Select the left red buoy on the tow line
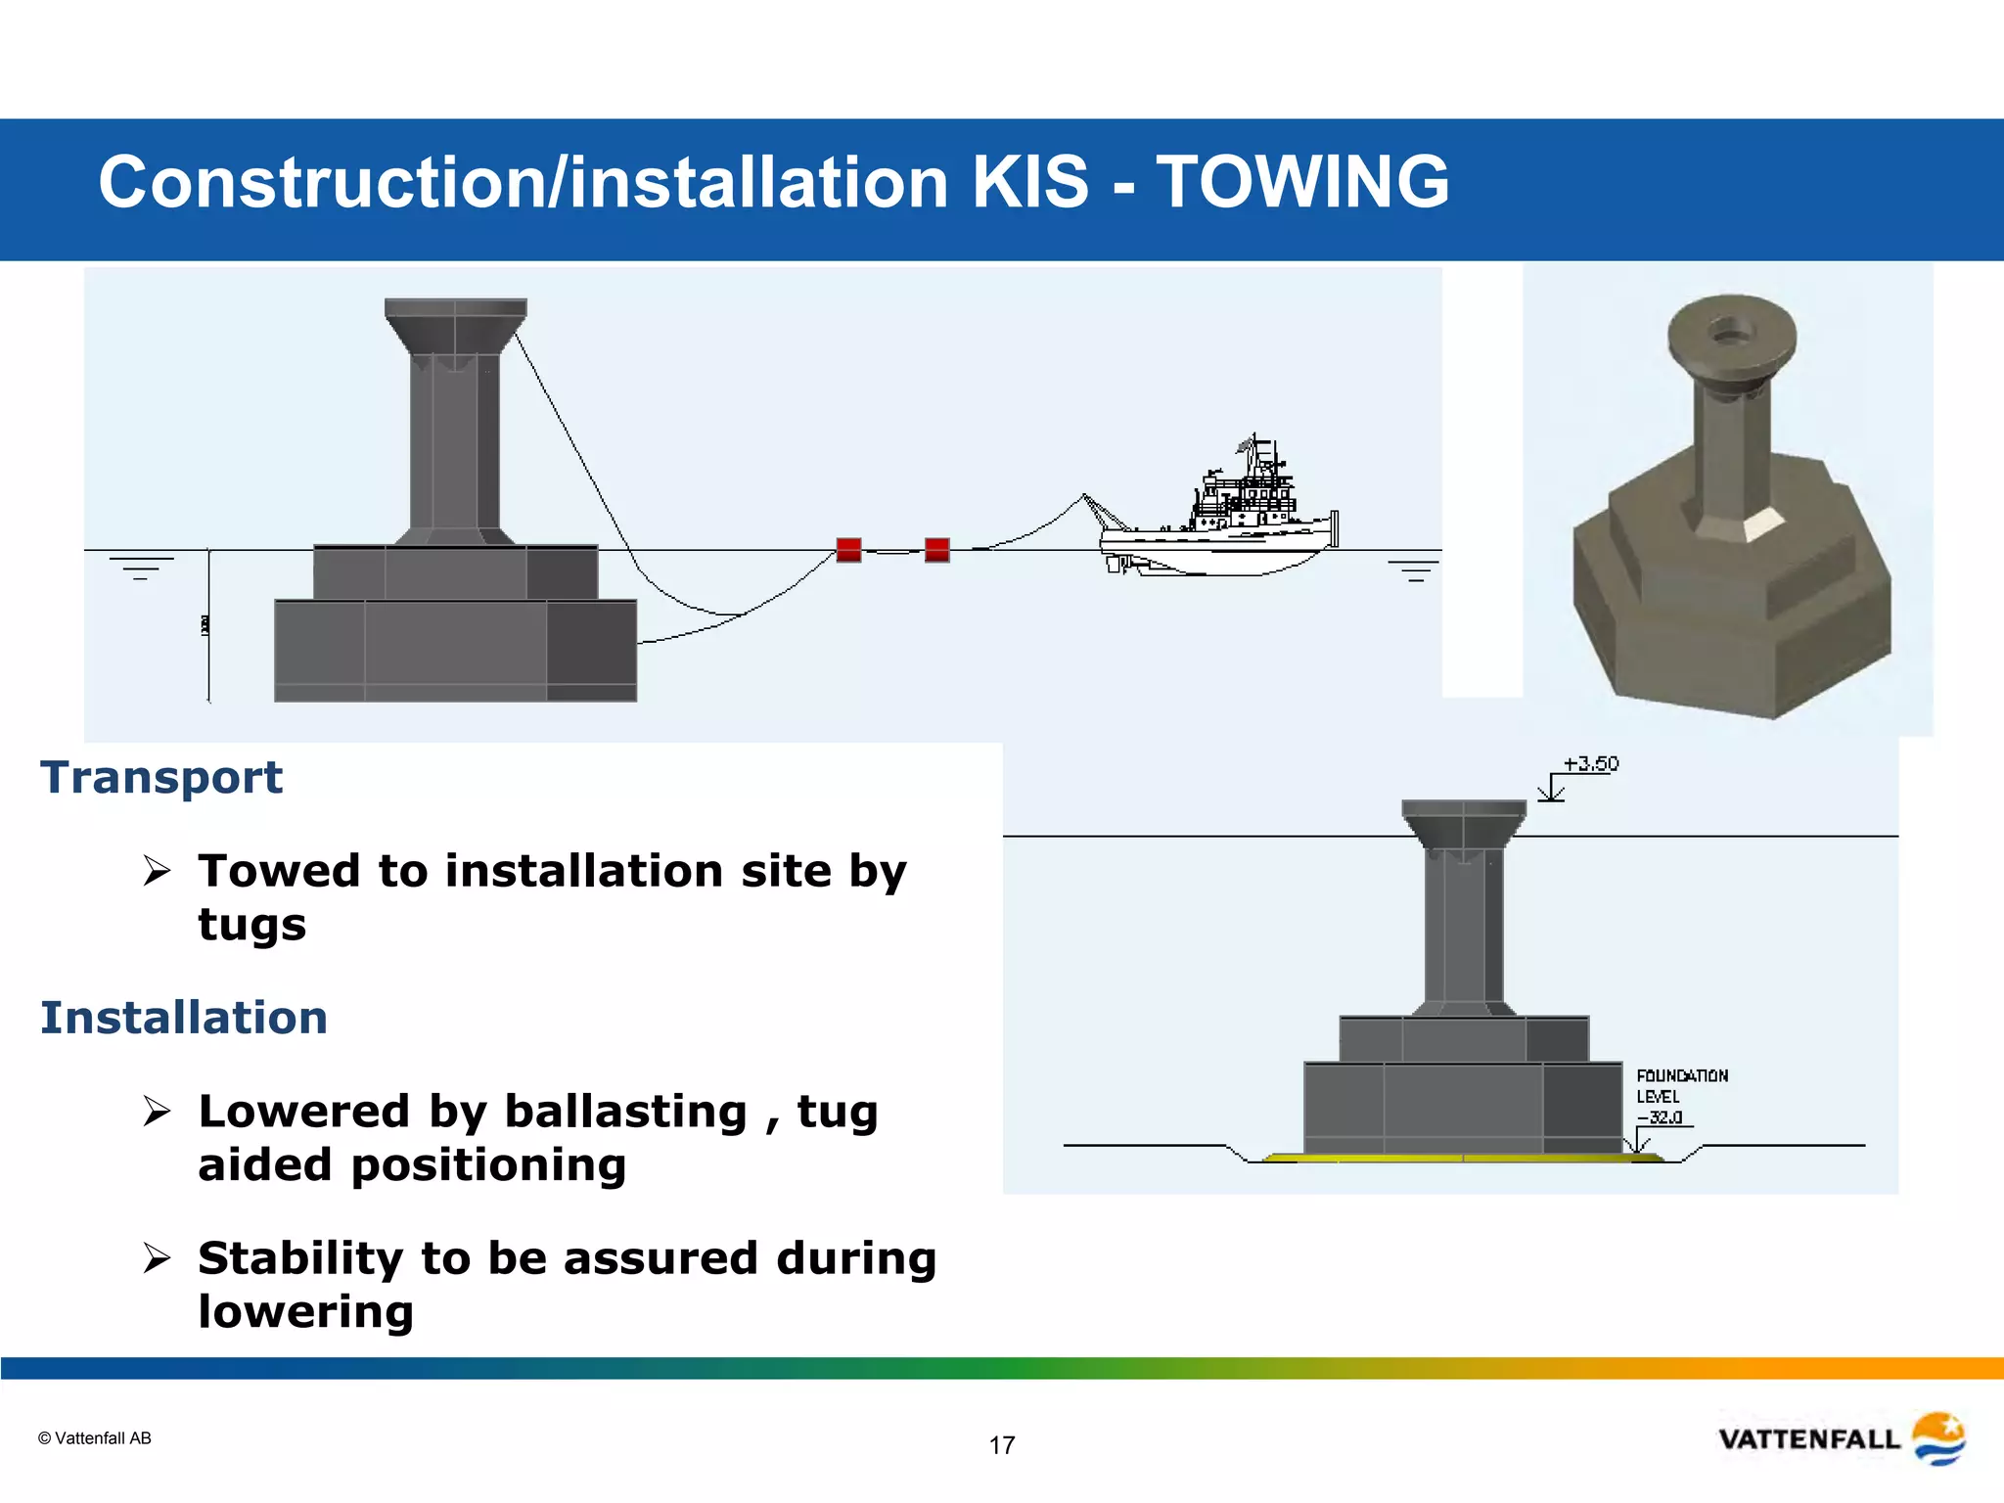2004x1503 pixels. tap(848, 550)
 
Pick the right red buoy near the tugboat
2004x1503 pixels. tap(936, 550)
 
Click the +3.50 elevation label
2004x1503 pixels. tap(1590, 764)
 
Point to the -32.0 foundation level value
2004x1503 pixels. tap(1660, 1117)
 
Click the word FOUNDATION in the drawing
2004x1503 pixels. tap(1682, 1075)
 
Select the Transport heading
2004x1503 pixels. tap(161, 778)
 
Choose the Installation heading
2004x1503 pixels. tap(184, 1018)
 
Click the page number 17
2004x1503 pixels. tap(1002, 1445)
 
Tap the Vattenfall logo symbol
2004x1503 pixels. tap(1938, 1438)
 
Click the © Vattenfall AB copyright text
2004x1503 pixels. tap(95, 1438)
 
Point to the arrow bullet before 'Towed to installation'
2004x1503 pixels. tap(157, 870)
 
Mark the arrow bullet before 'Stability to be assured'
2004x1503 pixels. tap(157, 1257)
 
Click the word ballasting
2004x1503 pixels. tap(625, 1112)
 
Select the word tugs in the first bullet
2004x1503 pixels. tap(252, 925)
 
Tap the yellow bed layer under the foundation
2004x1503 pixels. tap(1463, 1159)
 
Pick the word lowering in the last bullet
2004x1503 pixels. tap(305, 1312)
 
